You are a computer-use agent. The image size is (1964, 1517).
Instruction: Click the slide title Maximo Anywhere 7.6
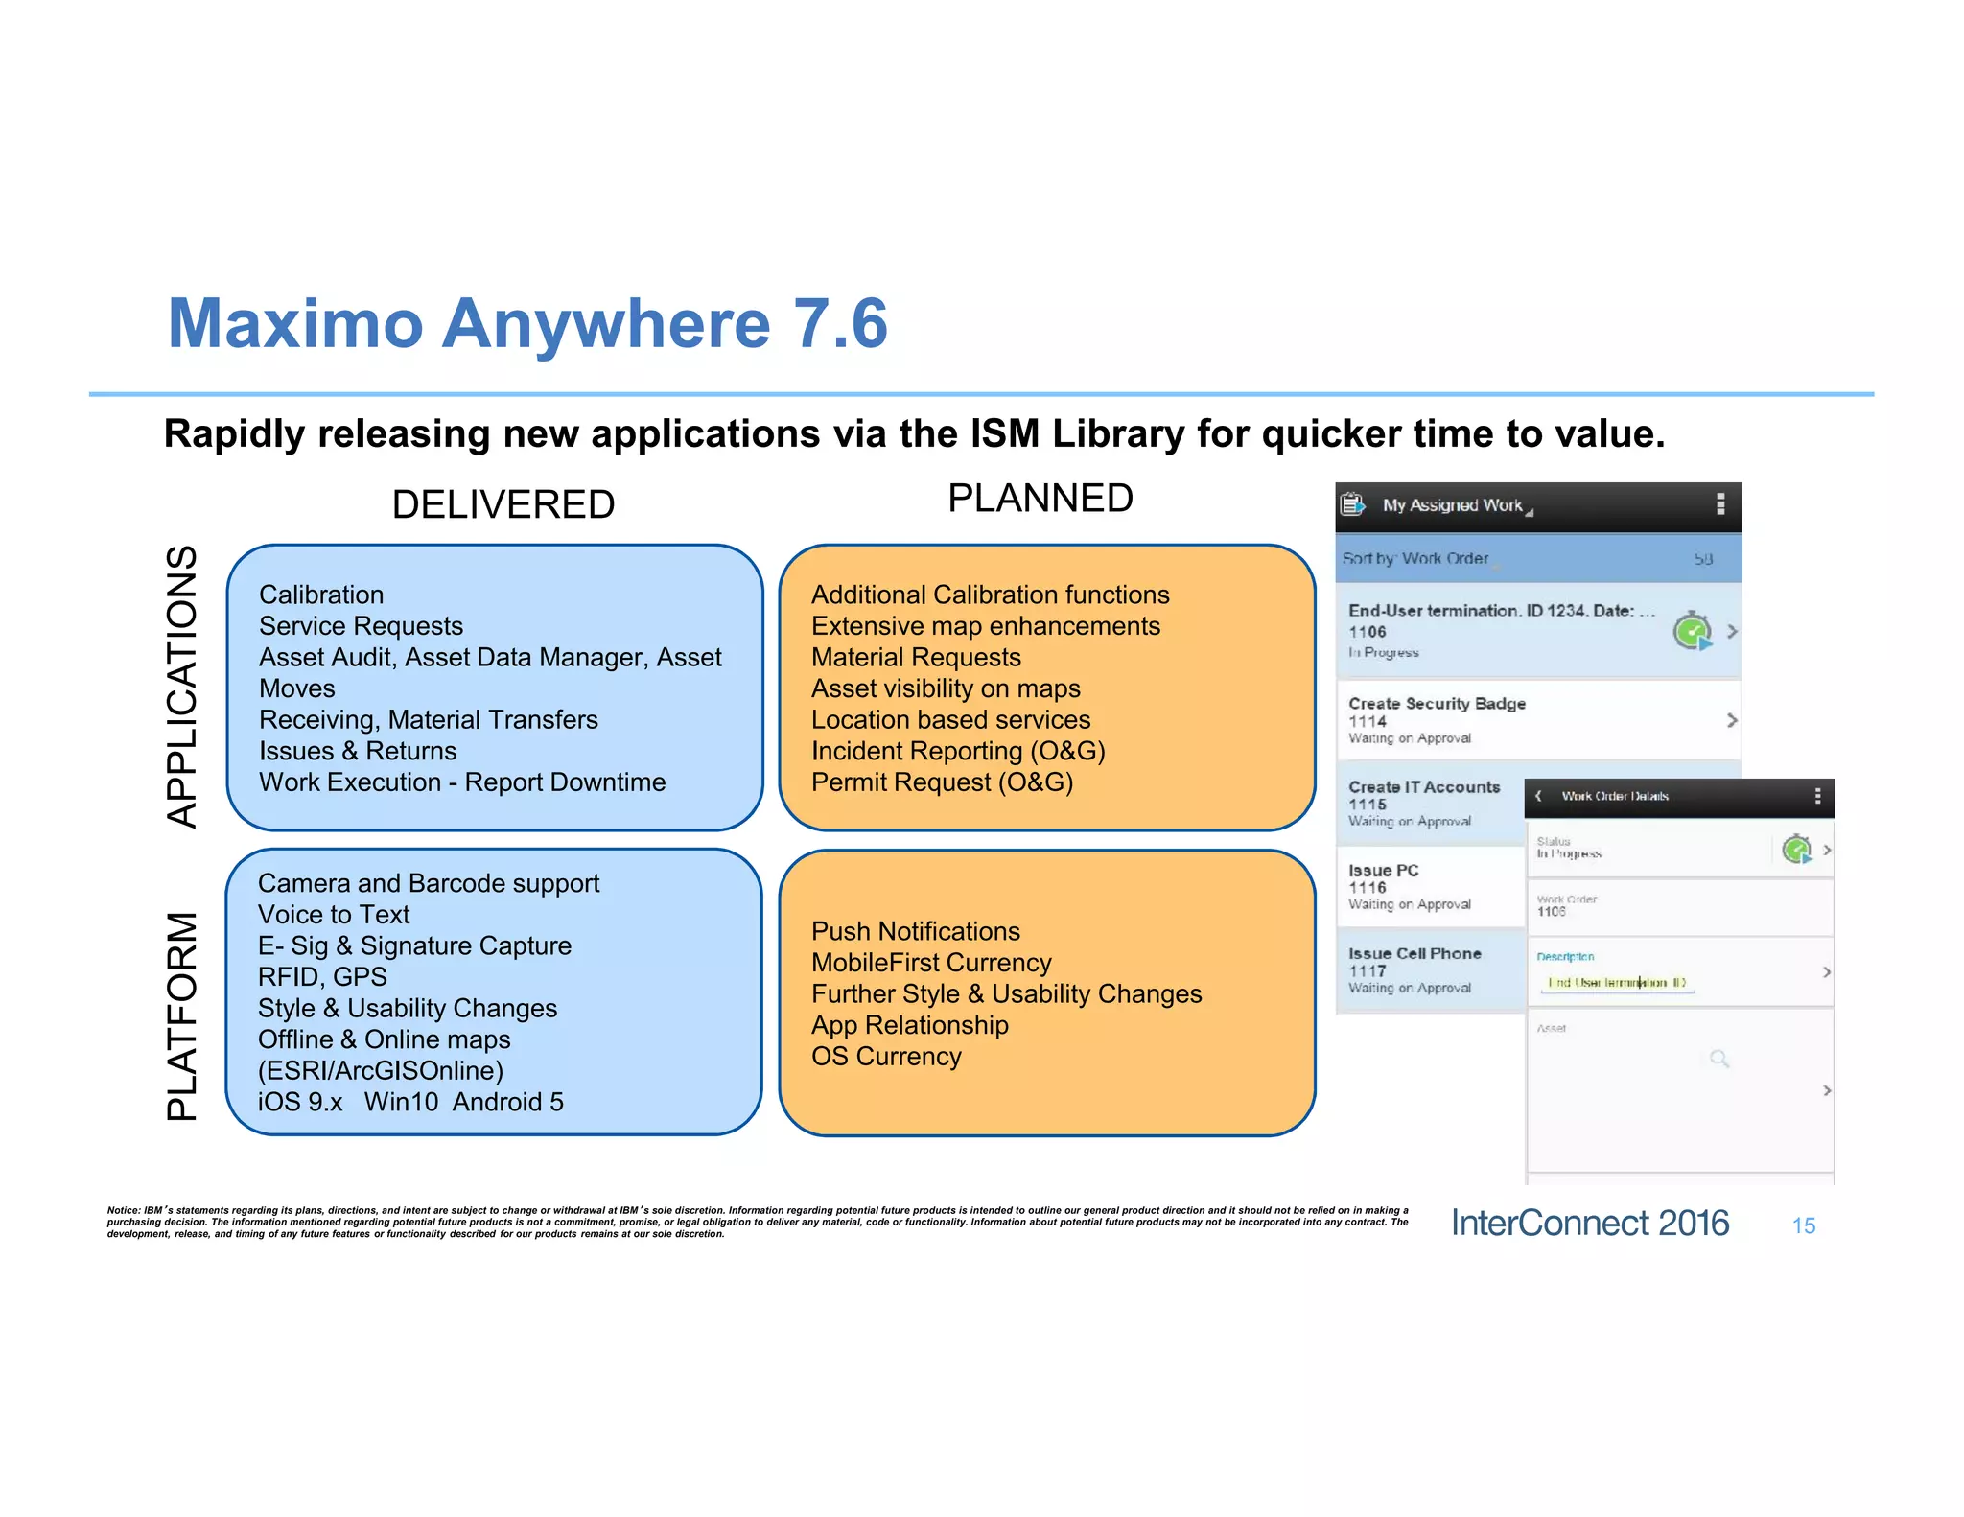(527, 323)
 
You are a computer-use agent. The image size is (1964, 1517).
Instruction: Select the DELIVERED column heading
(503, 504)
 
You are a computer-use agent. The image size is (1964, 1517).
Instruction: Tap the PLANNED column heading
(1040, 499)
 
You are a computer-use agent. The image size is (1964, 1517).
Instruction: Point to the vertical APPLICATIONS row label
(182, 687)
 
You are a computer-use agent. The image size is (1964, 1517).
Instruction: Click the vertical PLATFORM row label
(182, 1015)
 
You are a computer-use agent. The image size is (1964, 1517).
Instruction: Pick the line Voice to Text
(334, 915)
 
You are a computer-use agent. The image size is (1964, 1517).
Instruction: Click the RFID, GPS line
(322, 977)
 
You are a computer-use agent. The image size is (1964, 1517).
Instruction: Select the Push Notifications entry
(915, 931)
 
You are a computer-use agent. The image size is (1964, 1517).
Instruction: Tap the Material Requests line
(915, 658)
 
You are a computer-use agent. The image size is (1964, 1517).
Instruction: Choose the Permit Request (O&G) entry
(942, 782)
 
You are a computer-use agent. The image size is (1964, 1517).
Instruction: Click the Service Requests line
(361, 626)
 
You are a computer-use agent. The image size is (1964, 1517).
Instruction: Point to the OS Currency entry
(886, 1057)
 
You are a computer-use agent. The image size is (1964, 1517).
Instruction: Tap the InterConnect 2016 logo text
(1589, 1224)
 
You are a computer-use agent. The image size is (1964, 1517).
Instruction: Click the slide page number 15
(1803, 1226)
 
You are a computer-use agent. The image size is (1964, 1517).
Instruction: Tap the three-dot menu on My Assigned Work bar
(1720, 504)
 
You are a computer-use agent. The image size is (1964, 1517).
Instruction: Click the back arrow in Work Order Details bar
(1538, 796)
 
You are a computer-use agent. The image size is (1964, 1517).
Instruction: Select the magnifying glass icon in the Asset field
(1718, 1059)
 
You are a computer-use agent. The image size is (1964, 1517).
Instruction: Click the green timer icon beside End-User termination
(1692, 631)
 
